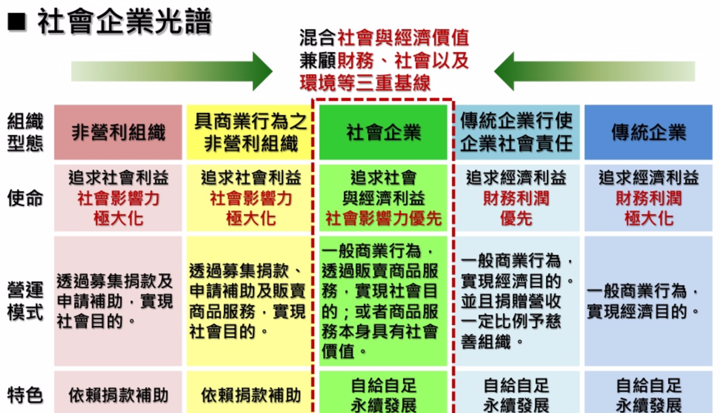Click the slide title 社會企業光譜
(124, 22)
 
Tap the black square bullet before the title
(17, 22)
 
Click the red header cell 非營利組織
(118, 132)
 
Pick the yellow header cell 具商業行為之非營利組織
(250, 132)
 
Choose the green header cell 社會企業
(383, 132)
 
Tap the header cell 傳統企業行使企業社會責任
(516, 132)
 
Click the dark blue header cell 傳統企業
(648, 132)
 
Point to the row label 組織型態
(25, 132)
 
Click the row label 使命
(25, 198)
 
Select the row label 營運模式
(25, 301)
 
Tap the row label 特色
(25, 395)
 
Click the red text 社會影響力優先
(383, 219)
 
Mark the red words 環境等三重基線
(365, 83)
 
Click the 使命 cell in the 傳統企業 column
(648, 198)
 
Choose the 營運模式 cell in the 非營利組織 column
(118, 301)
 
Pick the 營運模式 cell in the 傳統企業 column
(648, 301)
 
